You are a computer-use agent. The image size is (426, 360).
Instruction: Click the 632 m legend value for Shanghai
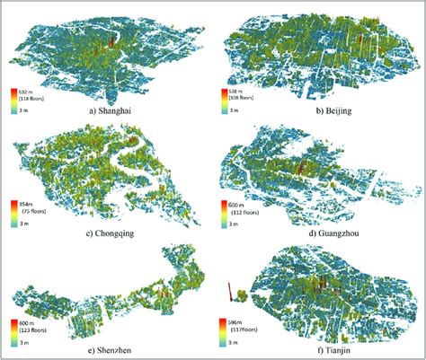[28, 90]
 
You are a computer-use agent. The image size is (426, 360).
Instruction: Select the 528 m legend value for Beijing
[238, 91]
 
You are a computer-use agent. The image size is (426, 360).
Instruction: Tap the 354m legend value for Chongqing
[27, 204]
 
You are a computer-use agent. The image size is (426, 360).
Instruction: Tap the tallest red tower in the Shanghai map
[111, 40]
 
